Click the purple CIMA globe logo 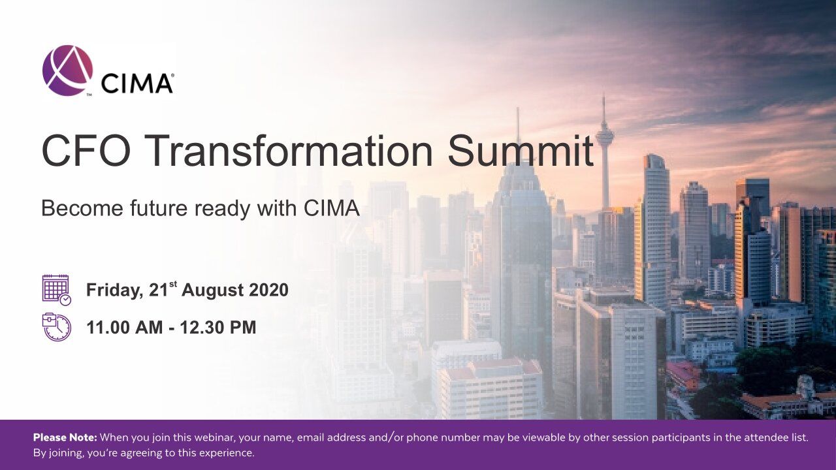(x=67, y=70)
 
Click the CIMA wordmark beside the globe (x=137, y=83)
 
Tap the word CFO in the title (x=86, y=151)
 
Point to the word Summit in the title (x=521, y=151)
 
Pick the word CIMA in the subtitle (x=331, y=208)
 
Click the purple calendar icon (x=56, y=290)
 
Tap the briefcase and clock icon (x=56, y=327)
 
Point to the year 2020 (x=268, y=290)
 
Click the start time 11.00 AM (x=125, y=328)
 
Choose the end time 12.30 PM (x=218, y=328)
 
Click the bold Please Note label (x=65, y=437)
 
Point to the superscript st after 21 (x=173, y=284)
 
